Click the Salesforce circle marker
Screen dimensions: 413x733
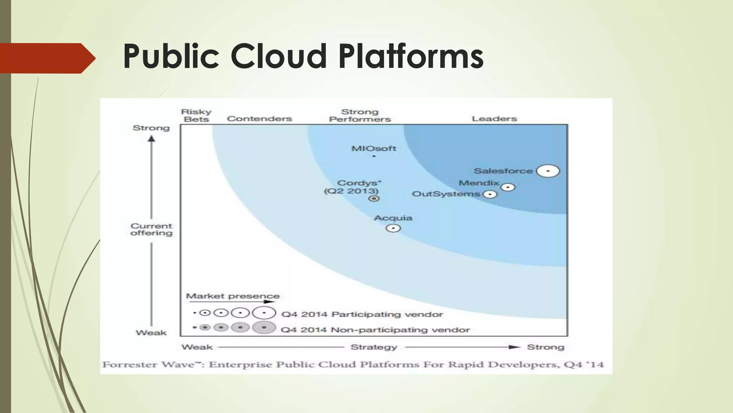click(548, 171)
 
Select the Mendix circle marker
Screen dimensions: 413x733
click(508, 187)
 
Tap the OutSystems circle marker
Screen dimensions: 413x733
click(490, 194)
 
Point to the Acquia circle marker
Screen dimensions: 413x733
click(393, 228)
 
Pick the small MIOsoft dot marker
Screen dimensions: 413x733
click(374, 156)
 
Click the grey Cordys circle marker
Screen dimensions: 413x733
click(374, 199)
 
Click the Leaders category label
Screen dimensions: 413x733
click(494, 119)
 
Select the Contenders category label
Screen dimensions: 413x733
click(259, 119)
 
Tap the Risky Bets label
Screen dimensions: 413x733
click(196, 115)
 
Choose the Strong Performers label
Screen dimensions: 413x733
click(360, 115)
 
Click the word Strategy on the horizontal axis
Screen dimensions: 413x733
click(374, 347)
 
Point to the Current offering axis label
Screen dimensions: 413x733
click(151, 229)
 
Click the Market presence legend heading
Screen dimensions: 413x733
click(233, 296)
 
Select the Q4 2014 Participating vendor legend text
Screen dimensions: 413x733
click(362, 314)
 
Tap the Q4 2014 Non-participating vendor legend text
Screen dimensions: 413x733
click(375, 330)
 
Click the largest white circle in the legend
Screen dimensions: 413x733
click(264, 313)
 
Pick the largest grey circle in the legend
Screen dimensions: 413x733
click(264, 327)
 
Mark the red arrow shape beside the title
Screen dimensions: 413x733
click(47, 58)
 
